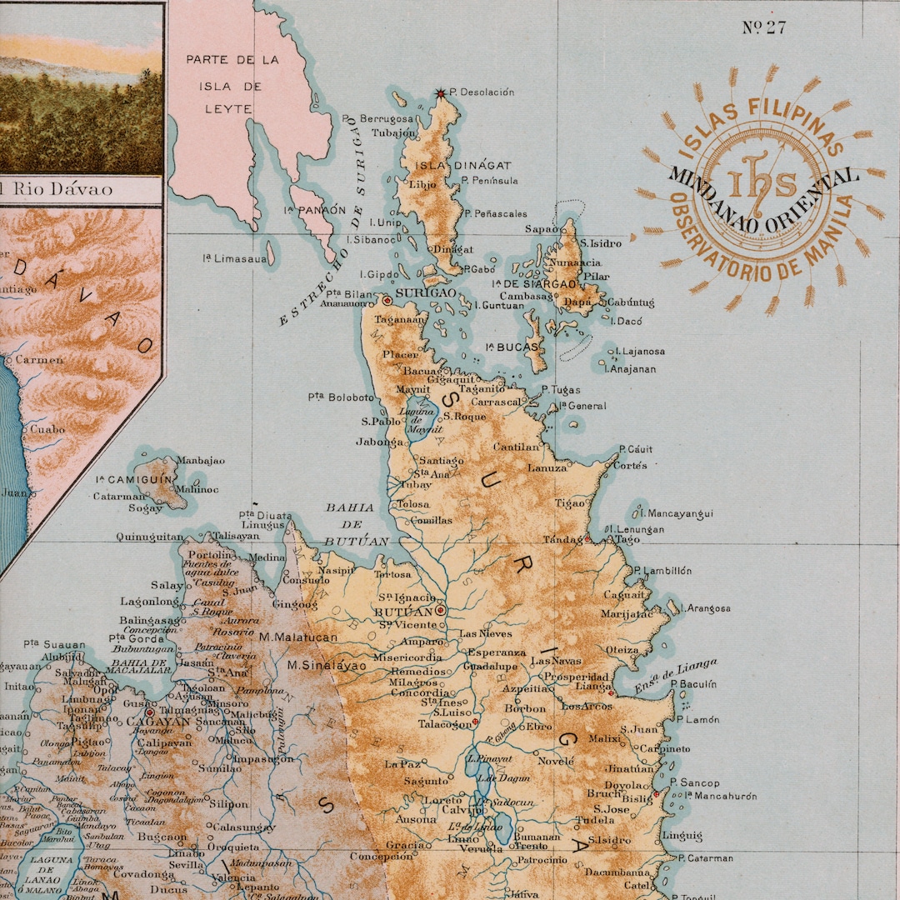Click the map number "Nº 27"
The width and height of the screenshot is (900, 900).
tap(764, 27)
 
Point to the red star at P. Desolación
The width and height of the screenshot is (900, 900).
tap(441, 93)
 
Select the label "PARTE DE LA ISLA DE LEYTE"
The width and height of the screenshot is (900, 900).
tap(232, 86)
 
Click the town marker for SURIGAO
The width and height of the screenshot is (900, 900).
tap(387, 299)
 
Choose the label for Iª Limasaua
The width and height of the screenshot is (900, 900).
tap(235, 259)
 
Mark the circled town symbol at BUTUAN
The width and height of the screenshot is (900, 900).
tap(440, 610)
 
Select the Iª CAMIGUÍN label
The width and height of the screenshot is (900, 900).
tap(132, 480)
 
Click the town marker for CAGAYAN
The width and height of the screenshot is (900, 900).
tap(150, 712)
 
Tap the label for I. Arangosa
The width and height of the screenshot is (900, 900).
tap(705, 608)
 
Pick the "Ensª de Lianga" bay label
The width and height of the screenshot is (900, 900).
tap(675, 676)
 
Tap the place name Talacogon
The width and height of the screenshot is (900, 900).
tap(443, 724)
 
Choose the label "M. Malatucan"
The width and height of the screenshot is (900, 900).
tap(298, 637)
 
